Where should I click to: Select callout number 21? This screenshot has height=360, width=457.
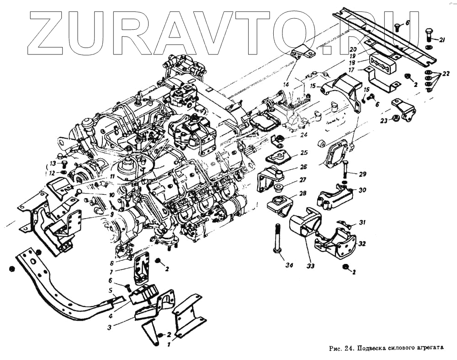click(442, 40)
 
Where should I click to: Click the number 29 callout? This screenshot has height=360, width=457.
click(362, 174)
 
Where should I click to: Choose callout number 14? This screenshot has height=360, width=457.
click(286, 84)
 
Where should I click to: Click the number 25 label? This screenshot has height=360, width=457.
click(304, 152)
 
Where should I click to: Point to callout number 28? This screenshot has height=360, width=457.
click(303, 193)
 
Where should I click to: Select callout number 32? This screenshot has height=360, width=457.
click(362, 244)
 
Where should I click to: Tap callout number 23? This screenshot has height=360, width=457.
click(383, 120)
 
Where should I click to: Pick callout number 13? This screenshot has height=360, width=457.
click(53, 163)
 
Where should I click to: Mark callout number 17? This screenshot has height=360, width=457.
click(351, 70)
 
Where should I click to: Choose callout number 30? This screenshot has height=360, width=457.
click(362, 189)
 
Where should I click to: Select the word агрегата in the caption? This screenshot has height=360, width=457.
click(430, 348)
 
